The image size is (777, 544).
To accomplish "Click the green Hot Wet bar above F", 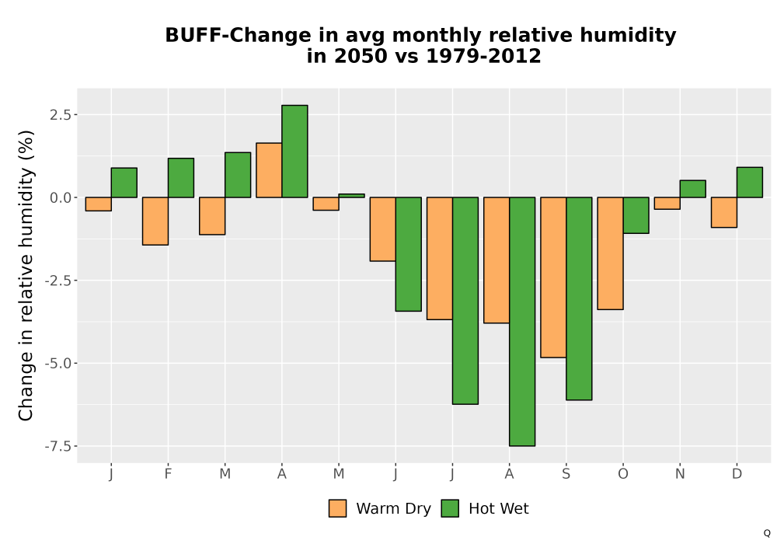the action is (181, 178).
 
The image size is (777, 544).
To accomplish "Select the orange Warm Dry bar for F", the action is (155, 221).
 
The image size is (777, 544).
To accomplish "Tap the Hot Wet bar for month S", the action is (579, 298).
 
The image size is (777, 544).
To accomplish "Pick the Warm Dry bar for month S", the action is (553, 277).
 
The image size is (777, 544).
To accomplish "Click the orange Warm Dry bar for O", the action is (610, 253).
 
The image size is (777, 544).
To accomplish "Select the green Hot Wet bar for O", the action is (636, 215).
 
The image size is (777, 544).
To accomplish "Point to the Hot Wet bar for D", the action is (749, 183).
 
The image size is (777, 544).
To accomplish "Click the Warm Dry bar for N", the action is (667, 203).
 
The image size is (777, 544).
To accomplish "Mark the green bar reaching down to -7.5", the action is (522, 322).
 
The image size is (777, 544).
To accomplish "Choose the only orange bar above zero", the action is (269, 170).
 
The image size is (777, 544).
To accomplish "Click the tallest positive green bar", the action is (294, 151).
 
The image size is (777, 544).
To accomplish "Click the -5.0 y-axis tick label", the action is (57, 363).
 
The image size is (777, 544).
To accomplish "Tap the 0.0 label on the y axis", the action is (60, 197).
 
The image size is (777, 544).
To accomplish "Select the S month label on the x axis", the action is (566, 474).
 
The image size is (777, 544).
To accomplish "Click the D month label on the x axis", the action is (737, 474).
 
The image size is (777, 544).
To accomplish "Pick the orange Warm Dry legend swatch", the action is (337, 508).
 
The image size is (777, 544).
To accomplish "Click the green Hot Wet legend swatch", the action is (450, 508).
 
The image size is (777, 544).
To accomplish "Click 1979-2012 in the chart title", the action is (483, 56).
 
